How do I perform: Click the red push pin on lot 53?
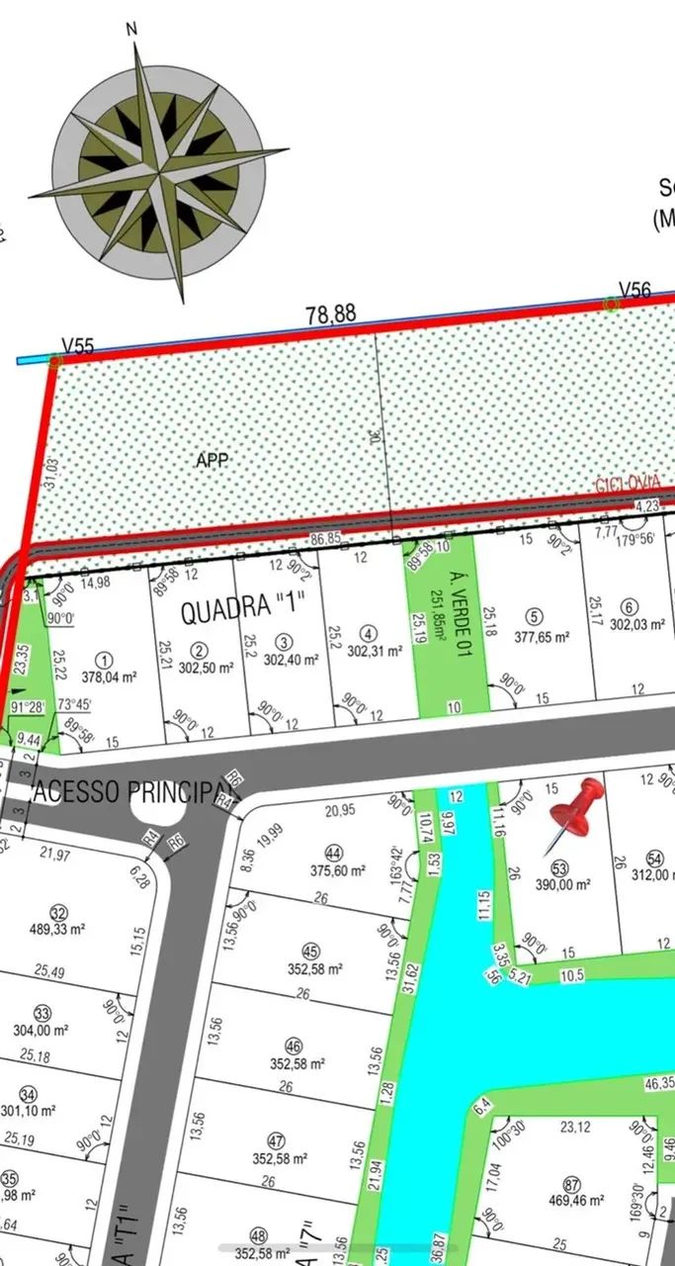pos(578,805)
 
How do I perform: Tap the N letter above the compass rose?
pos(131,29)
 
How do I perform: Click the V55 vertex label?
pos(78,345)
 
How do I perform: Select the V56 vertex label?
pos(634,290)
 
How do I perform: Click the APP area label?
pos(212,461)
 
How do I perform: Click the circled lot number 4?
pos(369,633)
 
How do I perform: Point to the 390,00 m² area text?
pos(558,886)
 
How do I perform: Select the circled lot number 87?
pos(570,1185)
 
